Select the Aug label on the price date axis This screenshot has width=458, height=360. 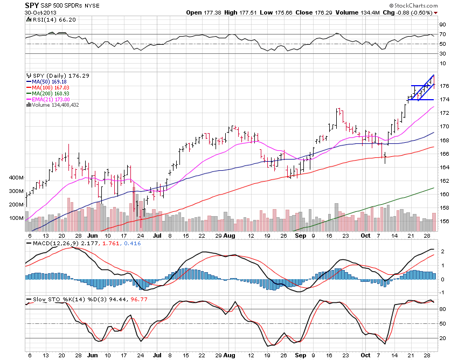coord(230,236)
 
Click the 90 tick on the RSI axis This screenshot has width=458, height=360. coord(442,25)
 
